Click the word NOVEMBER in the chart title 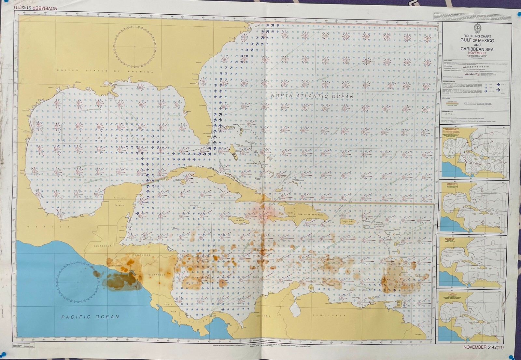pos(477,53)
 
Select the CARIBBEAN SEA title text pos(477,49)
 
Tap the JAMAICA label pos(239,220)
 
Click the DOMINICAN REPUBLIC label pos(307,215)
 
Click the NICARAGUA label pos(157,274)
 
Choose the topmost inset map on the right pos(473,152)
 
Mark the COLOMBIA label pos(263,316)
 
